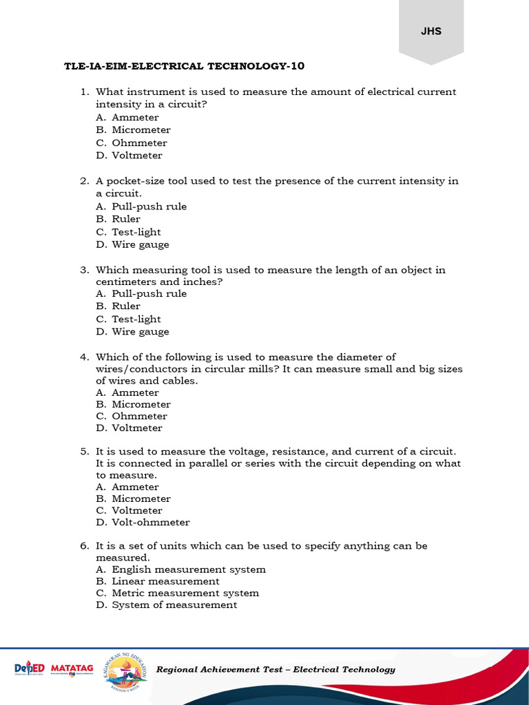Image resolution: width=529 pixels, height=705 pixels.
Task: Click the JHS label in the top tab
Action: [431, 31]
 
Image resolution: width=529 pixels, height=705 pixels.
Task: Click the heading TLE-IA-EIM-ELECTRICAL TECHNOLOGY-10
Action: [184, 66]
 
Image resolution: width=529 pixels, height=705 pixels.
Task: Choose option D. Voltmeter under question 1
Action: [129, 155]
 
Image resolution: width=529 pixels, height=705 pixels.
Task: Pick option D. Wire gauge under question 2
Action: [132, 244]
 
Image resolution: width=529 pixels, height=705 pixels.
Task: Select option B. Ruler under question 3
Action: [118, 306]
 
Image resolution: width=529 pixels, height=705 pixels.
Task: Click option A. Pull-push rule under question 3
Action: [141, 293]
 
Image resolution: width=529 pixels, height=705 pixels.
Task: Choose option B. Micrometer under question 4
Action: [133, 404]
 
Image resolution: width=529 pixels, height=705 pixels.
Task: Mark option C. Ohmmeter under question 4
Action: [132, 416]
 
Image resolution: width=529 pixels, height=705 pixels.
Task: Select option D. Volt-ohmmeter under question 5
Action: [143, 522]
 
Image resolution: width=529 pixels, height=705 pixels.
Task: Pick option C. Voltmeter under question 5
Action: [129, 510]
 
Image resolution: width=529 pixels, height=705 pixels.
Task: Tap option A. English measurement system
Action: [180, 569]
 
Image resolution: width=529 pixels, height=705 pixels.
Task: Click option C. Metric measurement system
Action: [178, 593]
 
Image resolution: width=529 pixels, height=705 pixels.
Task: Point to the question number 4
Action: [83, 357]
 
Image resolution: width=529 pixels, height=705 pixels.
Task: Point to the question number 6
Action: [83, 545]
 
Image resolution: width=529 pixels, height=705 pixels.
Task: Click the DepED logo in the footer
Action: [30, 669]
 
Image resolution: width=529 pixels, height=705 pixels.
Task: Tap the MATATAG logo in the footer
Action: [73, 669]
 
